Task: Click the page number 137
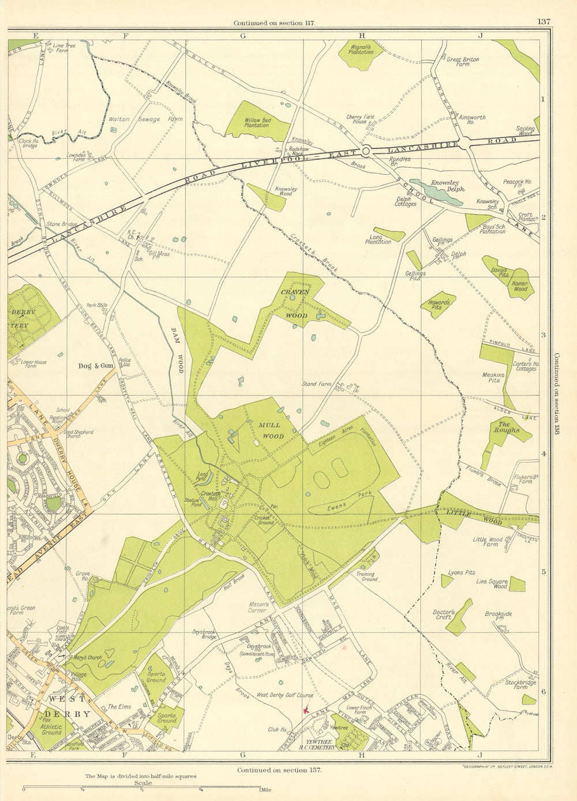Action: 544,22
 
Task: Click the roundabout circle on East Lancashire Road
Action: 365,151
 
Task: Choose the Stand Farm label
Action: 317,384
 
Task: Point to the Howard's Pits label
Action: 439,305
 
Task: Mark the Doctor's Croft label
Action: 444,615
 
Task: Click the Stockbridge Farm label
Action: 516,685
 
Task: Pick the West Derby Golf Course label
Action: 284,695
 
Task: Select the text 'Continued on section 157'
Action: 279,770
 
